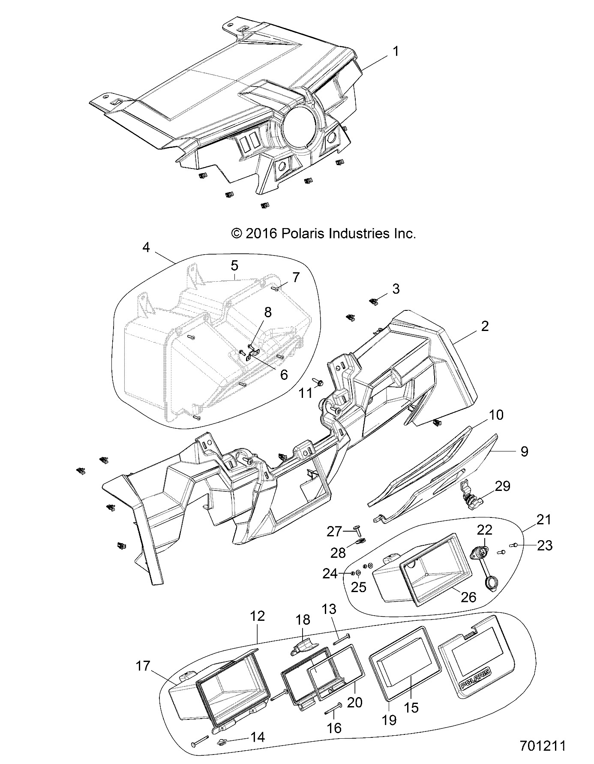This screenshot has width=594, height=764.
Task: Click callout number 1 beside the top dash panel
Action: point(396,52)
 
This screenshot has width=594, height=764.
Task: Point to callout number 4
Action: point(146,247)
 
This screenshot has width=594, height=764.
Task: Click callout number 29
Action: point(503,486)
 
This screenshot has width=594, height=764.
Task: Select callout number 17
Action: point(143,666)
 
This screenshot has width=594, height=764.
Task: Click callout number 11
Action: point(306,393)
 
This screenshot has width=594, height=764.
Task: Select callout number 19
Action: point(389,719)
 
